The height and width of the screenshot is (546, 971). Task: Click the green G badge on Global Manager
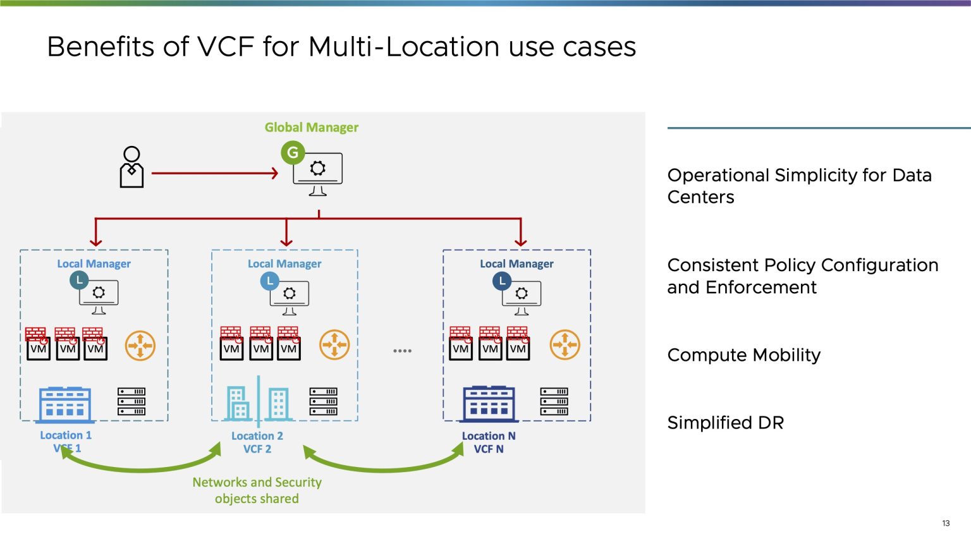click(x=293, y=152)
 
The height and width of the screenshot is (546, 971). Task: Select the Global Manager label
click(x=311, y=128)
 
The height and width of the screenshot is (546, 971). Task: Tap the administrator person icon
click(x=131, y=167)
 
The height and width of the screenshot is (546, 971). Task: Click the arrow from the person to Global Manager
click(x=215, y=173)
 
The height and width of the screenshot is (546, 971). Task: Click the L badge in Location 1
click(x=79, y=279)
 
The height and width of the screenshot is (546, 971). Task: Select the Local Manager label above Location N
click(x=516, y=264)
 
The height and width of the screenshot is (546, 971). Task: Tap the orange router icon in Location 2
click(x=334, y=345)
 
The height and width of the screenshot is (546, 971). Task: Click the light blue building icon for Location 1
click(x=66, y=404)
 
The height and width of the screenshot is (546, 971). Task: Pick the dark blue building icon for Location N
click(x=489, y=404)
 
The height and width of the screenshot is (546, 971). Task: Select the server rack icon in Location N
click(x=554, y=402)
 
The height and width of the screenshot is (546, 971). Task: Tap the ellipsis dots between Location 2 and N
click(x=402, y=351)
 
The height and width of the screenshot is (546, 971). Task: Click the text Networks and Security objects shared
click(x=257, y=490)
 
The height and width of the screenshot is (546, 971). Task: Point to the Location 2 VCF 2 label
click(x=257, y=442)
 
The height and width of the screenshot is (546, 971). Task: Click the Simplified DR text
click(x=725, y=423)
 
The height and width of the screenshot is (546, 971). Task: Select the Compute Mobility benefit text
click(x=743, y=355)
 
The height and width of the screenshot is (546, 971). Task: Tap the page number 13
click(x=946, y=523)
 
